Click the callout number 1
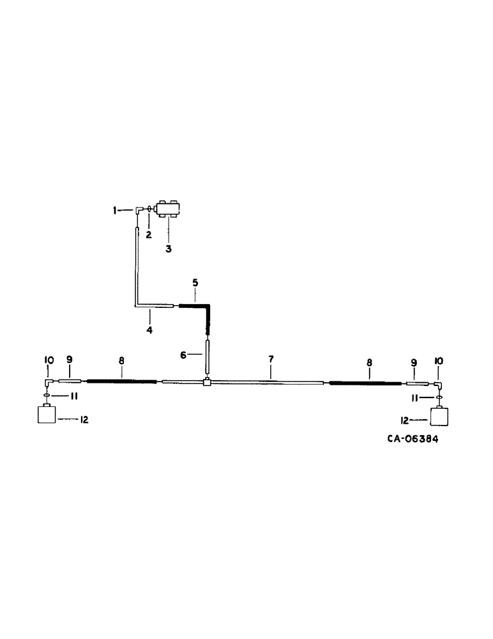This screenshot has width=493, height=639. [x=116, y=210]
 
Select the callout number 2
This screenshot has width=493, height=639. [x=148, y=235]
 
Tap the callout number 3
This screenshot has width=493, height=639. [x=169, y=249]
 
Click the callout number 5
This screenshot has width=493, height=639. [x=196, y=282]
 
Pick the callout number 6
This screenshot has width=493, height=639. [x=183, y=355]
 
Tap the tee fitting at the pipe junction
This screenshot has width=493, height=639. [x=206, y=382]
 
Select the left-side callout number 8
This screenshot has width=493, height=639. [x=121, y=362]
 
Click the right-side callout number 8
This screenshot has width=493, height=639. [x=368, y=362]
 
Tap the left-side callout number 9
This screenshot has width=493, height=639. [x=70, y=362]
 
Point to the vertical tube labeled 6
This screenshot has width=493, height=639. [x=207, y=357]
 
